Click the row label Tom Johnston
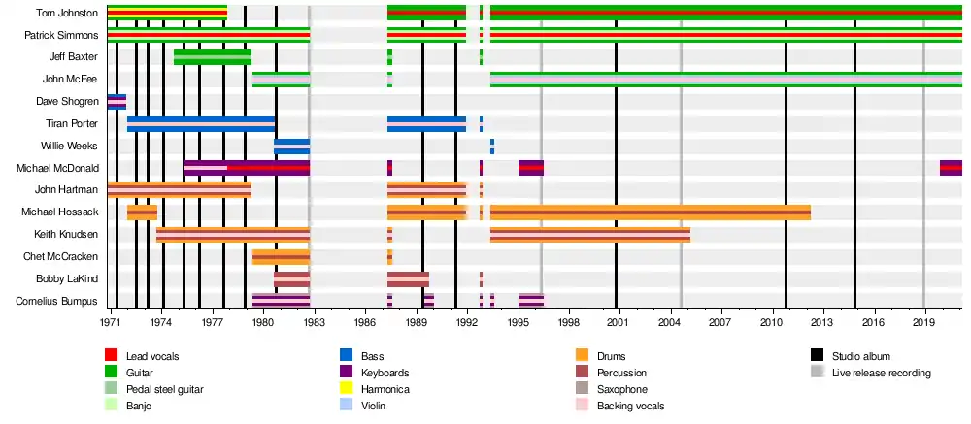[x=67, y=13]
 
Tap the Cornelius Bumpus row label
[x=57, y=301]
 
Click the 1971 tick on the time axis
[x=112, y=322]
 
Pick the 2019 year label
[x=924, y=322]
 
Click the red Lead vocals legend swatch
[x=111, y=356]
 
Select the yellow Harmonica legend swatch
[x=347, y=389]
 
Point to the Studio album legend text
[x=860, y=356]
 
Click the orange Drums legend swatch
[x=582, y=356]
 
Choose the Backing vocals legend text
[x=630, y=406]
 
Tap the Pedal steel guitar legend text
[x=165, y=389]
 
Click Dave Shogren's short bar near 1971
[x=117, y=102]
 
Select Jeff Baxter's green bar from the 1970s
[x=213, y=57]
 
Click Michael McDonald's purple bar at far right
[x=951, y=168]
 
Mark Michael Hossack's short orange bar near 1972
[x=142, y=212]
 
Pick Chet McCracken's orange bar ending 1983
[x=282, y=256]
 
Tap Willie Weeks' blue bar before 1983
[x=291, y=147]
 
